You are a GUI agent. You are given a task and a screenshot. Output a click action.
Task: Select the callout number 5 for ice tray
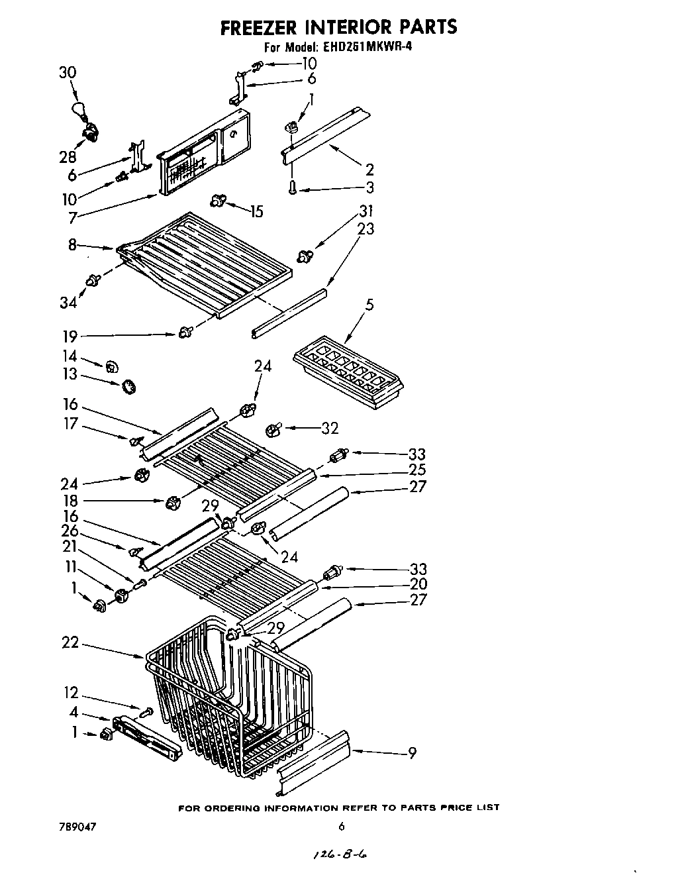[369, 305]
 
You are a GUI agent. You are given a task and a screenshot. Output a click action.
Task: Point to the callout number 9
[412, 752]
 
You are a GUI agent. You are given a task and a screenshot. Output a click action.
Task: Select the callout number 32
[330, 429]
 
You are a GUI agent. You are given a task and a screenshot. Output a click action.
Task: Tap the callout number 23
[366, 229]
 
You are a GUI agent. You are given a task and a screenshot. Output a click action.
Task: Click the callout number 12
[71, 693]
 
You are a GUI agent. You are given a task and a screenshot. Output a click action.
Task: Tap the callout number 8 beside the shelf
[72, 244]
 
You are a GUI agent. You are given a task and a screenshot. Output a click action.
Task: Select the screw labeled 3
[292, 188]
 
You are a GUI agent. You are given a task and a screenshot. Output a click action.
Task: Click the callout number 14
[70, 356]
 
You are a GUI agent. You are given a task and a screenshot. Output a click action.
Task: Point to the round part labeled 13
[128, 386]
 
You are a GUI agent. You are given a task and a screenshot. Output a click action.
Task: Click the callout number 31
[366, 211]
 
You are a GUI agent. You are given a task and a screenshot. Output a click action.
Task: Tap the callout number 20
[418, 584]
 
